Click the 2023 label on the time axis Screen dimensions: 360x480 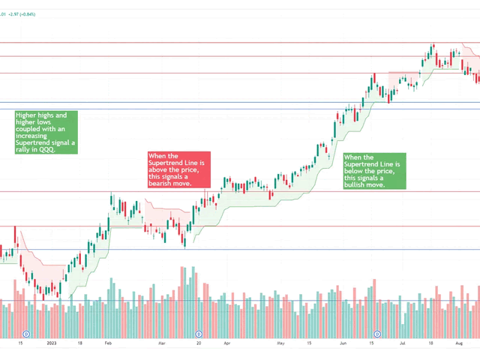click(52, 343)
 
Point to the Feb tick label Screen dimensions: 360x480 click(108, 343)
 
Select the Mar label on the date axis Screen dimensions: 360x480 click(161, 343)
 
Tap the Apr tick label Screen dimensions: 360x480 click(226, 343)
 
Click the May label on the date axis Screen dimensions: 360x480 click(280, 343)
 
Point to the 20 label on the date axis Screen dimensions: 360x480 click(199, 343)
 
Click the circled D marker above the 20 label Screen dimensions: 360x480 click(199, 332)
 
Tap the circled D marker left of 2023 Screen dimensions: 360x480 click(26, 332)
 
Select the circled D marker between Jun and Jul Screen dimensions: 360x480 click(377, 332)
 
